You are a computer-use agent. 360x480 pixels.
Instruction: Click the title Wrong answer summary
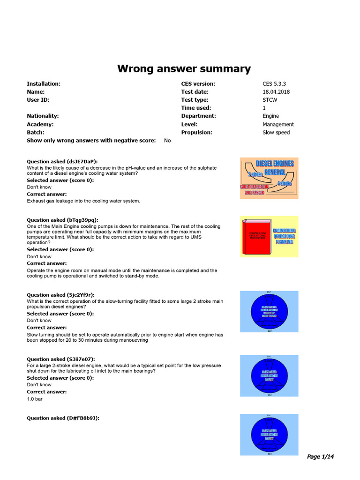pos(184,69)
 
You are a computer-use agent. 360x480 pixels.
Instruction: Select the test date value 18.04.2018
pos(276,92)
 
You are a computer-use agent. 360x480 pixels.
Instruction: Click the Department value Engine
pos(270,116)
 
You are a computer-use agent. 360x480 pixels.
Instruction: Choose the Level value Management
pos(278,124)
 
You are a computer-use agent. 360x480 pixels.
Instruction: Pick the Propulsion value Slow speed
pos(276,132)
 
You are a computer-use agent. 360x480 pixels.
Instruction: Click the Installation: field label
pos(44,84)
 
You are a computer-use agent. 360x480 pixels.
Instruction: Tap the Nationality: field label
pos(43,116)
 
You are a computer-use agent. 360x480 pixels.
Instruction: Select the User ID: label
pos(38,100)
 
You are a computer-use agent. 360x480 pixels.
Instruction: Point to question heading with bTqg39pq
pos(62,220)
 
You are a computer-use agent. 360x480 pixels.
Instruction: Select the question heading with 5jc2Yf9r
pos(61,295)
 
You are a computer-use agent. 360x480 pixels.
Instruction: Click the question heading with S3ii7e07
pos(61,359)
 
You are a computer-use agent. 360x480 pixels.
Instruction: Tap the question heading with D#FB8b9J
pos(63,418)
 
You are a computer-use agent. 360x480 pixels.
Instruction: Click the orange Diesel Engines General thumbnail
pos(269,178)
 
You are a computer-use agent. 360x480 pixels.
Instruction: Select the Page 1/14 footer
pos(320,457)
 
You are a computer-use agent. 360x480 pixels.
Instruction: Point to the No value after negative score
pos(167,141)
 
